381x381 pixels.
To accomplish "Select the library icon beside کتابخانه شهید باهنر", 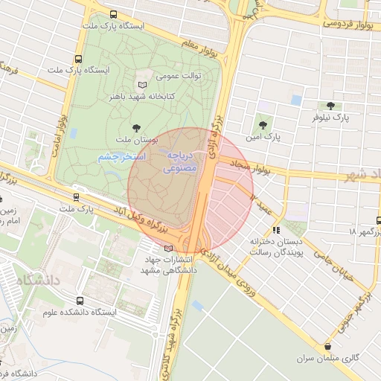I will (x=143, y=85).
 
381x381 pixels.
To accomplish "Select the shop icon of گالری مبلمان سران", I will (x=328, y=346).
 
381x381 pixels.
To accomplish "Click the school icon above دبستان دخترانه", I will (x=277, y=231).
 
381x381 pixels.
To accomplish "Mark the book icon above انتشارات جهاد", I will (x=167, y=248).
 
